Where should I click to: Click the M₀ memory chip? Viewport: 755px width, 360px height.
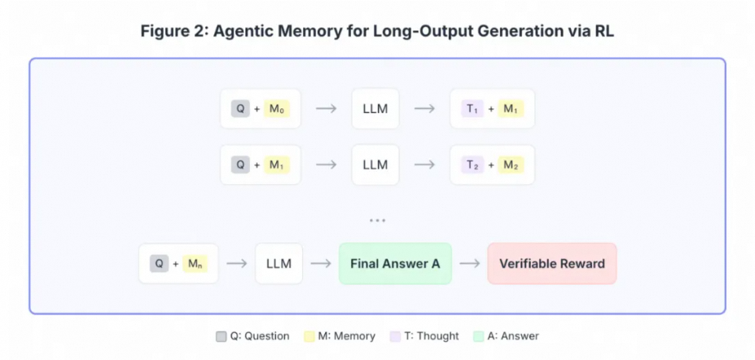[x=276, y=109]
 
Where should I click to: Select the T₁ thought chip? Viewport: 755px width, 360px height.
[x=472, y=109]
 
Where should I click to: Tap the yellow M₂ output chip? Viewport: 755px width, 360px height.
[x=511, y=165]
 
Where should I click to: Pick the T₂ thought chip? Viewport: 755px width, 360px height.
[x=472, y=165]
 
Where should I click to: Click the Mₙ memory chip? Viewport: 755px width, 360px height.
[x=195, y=264]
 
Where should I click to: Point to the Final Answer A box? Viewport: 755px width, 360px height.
[x=395, y=264]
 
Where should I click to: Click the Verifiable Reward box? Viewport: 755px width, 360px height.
[x=552, y=264]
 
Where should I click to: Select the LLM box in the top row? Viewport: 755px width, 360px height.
[x=375, y=109]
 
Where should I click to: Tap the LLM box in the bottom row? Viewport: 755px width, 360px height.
[x=279, y=264]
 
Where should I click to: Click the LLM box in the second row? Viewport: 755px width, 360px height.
[x=375, y=165]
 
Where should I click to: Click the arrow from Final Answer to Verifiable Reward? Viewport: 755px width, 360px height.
[x=469, y=264]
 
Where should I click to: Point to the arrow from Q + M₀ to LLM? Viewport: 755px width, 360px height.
[x=326, y=109]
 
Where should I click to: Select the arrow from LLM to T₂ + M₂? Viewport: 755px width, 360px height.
[x=424, y=165]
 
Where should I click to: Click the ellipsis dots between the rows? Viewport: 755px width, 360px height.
[x=377, y=221]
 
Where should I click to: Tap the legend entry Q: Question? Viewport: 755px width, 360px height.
[x=252, y=336]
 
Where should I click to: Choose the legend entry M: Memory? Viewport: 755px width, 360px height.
[x=340, y=336]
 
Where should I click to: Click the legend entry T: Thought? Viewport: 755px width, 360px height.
[x=424, y=336]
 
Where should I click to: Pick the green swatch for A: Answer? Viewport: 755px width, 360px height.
[x=479, y=336]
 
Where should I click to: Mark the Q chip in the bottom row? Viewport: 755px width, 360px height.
[x=159, y=264]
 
